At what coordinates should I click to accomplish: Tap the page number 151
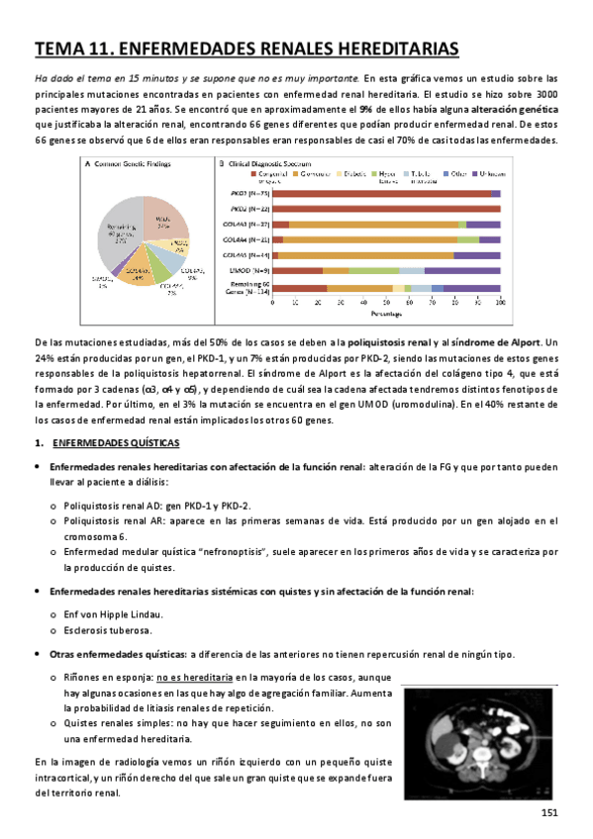(551, 813)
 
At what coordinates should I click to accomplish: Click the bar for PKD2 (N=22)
(386, 209)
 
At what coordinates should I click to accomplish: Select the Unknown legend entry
(487, 172)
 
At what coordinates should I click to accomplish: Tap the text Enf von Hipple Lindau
(108, 614)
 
